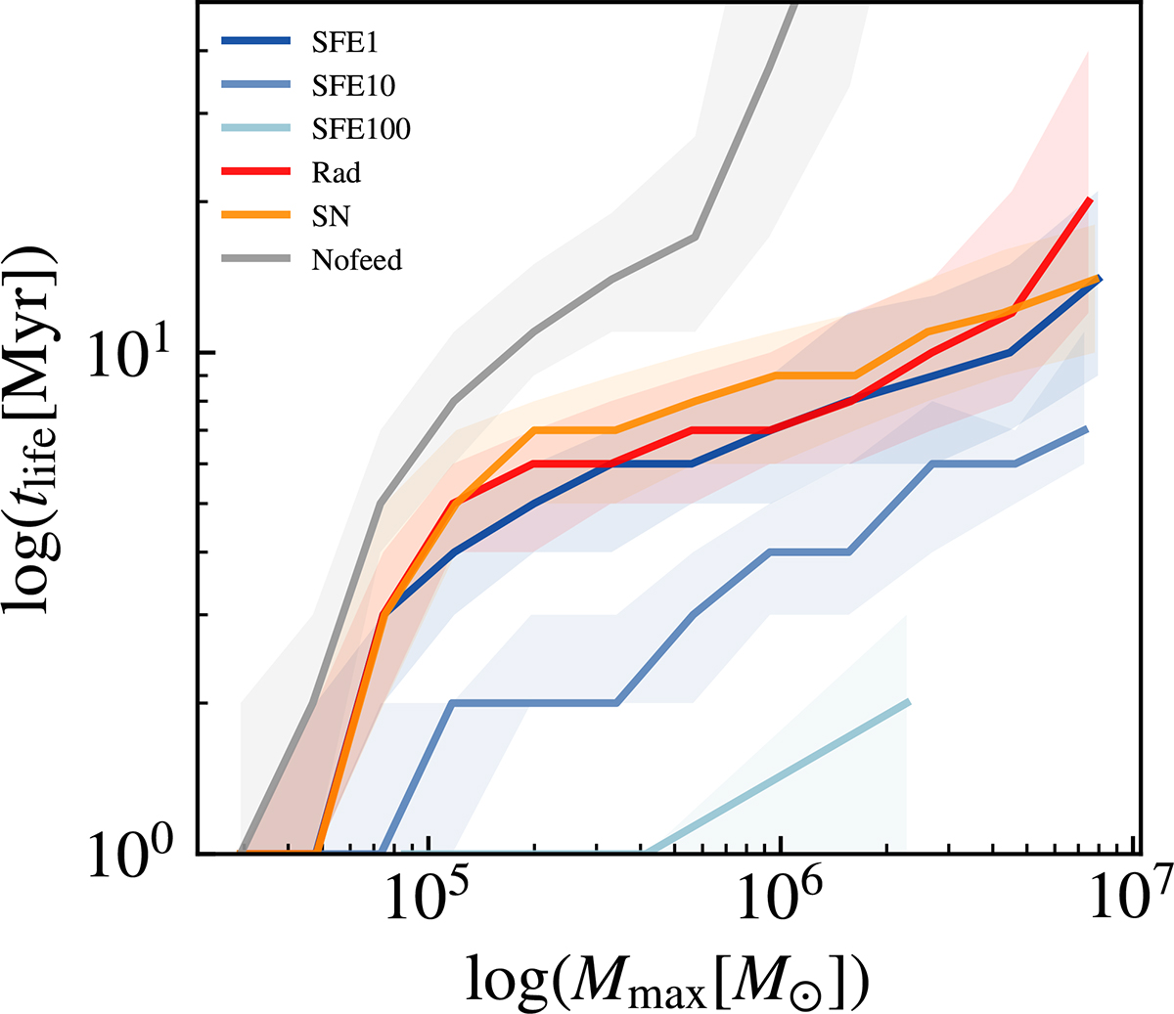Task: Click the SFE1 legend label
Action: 344,43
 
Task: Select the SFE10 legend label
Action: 353,86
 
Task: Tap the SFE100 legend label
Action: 361,129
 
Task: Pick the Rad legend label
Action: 336,173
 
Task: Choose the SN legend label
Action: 331,216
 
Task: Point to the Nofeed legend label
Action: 356,260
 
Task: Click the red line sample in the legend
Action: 256,171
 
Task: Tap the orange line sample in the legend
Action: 256,215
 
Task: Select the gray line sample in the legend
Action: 256,258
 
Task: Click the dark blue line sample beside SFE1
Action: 256,41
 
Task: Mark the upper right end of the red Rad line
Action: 1090,198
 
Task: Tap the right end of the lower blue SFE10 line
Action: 1087,429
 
